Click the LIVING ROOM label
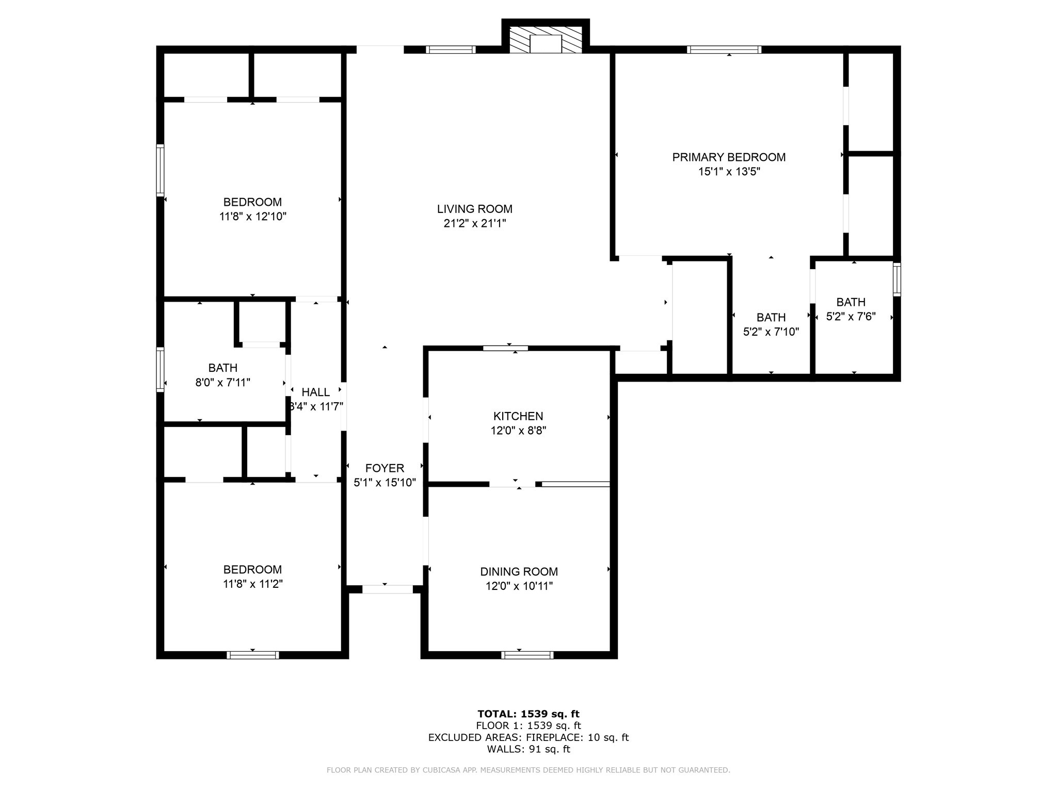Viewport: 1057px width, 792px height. point(474,209)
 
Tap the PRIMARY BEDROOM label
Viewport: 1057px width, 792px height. point(728,157)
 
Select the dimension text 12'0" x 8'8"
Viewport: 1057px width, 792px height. point(518,431)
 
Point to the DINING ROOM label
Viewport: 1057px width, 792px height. point(519,571)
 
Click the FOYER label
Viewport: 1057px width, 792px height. point(385,468)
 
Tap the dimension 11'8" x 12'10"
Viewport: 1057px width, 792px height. point(252,217)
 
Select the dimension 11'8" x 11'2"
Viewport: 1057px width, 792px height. point(252,584)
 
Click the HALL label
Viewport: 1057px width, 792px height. point(315,392)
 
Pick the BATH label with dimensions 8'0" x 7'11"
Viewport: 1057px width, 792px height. point(223,368)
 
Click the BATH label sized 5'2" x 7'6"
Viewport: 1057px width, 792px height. point(851,302)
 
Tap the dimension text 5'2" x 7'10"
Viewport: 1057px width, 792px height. point(771,332)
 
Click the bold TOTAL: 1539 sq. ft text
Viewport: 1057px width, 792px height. point(528,714)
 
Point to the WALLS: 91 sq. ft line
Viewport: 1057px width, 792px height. point(528,749)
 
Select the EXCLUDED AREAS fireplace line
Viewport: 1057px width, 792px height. point(528,737)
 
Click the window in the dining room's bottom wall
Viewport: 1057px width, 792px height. point(527,655)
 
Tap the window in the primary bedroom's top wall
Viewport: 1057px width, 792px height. point(724,49)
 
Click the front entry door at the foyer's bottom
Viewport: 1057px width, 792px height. point(387,589)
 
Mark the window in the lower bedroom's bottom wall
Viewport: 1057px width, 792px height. point(252,655)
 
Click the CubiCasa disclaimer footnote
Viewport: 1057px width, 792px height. point(528,770)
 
